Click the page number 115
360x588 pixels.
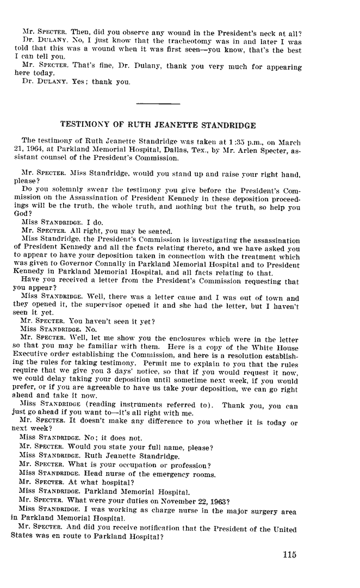pos(289,555)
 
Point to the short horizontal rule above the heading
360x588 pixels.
pos(158,103)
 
